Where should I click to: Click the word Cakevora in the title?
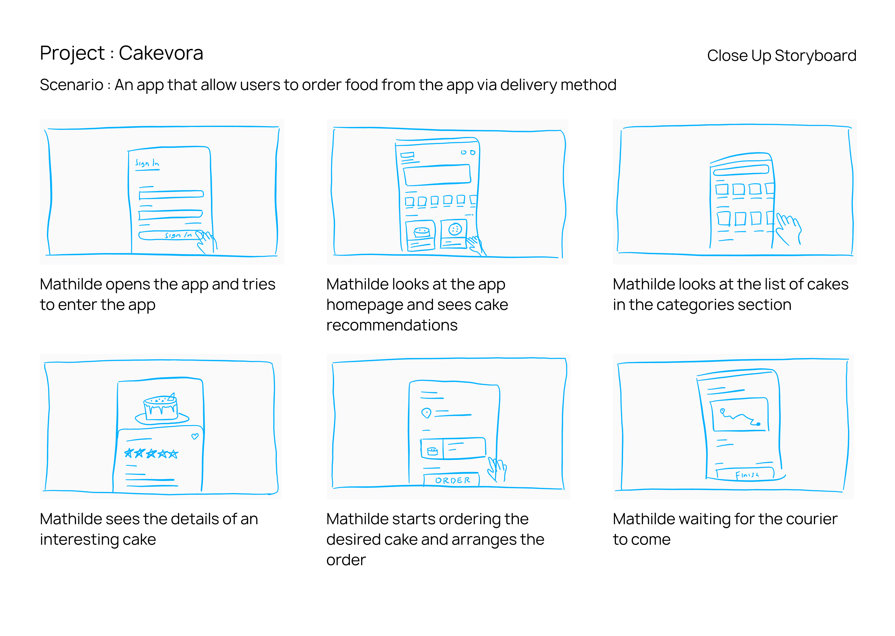click(x=161, y=53)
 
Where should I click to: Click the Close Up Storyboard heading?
click(x=781, y=56)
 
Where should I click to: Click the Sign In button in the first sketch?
click(x=171, y=235)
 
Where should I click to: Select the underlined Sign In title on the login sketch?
click(x=147, y=164)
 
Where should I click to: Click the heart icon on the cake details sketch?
click(x=195, y=436)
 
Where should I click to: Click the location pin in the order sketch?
click(x=426, y=413)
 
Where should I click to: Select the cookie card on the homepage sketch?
click(x=454, y=234)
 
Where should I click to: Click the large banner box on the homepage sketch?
click(x=437, y=175)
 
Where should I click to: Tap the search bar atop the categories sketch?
click(x=741, y=170)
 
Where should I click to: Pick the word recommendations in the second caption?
click(x=392, y=325)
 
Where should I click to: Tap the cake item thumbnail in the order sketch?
click(x=432, y=451)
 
